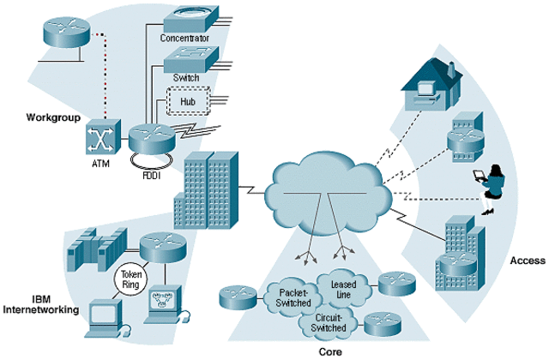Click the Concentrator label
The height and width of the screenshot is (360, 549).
[x=184, y=38]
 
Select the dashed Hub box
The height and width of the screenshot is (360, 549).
[x=189, y=101]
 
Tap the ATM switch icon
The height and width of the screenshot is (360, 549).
[x=103, y=137]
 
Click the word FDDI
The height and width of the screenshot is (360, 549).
[x=152, y=175]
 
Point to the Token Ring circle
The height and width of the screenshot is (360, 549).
[x=130, y=279]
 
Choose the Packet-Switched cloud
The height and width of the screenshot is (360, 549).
[x=293, y=297]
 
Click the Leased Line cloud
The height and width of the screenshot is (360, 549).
[x=343, y=290]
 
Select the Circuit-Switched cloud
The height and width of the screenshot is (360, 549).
[x=328, y=323]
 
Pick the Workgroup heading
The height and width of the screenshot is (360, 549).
[x=53, y=117]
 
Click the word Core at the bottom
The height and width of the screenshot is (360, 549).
[x=330, y=351]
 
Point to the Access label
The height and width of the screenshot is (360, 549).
[x=528, y=261]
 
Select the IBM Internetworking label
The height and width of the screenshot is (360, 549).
[x=40, y=304]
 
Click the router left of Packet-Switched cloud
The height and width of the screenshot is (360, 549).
[x=238, y=297]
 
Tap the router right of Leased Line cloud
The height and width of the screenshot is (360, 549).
[x=396, y=284]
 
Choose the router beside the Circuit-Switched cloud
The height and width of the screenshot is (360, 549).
[x=383, y=324]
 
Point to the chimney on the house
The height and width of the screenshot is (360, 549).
[x=451, y=69]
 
